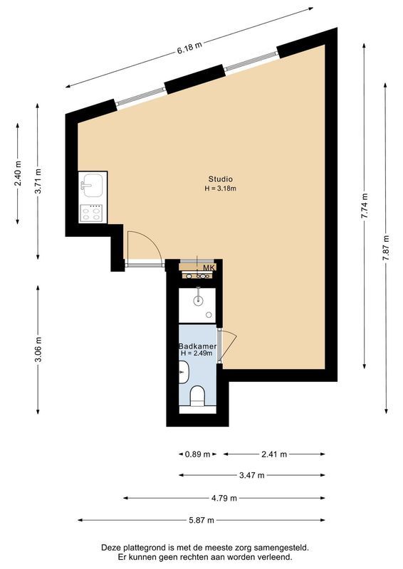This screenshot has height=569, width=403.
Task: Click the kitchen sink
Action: pyautogui.click(x=93, y=187)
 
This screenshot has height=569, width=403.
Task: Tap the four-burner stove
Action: pyautogui.click(x=93, y=211)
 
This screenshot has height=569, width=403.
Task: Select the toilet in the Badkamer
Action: pyautogui.click(x=197, y=395)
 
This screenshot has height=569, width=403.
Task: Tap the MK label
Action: pyautogui.click(x=208, y=267)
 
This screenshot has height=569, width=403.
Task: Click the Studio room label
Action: pyautogui.click(x=220, y=179)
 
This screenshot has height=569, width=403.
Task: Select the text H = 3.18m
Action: pyautogui.click(x=220, y=188)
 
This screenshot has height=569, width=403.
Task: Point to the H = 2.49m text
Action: pyautogui.click(x=197, y=353)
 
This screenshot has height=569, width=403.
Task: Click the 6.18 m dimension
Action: pyautogui.click(x=189, y=47)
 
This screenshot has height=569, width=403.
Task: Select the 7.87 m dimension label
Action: pyautogui.click(x=386, y=248)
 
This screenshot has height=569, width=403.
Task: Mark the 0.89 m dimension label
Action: pyautogui.click(x=197, y=454)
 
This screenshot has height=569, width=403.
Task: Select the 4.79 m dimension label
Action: pyautogui.click(x=224, y=498)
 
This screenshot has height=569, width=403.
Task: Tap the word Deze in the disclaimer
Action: pyautogui.click(x=112, y=548)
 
